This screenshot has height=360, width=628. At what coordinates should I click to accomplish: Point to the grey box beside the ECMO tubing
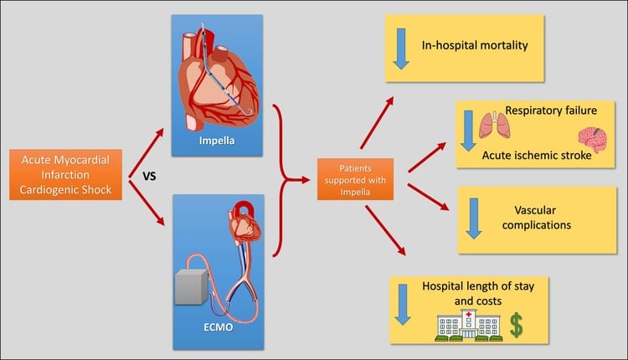[193, 289]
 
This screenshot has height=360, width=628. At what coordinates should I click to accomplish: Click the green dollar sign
[517, 326]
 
